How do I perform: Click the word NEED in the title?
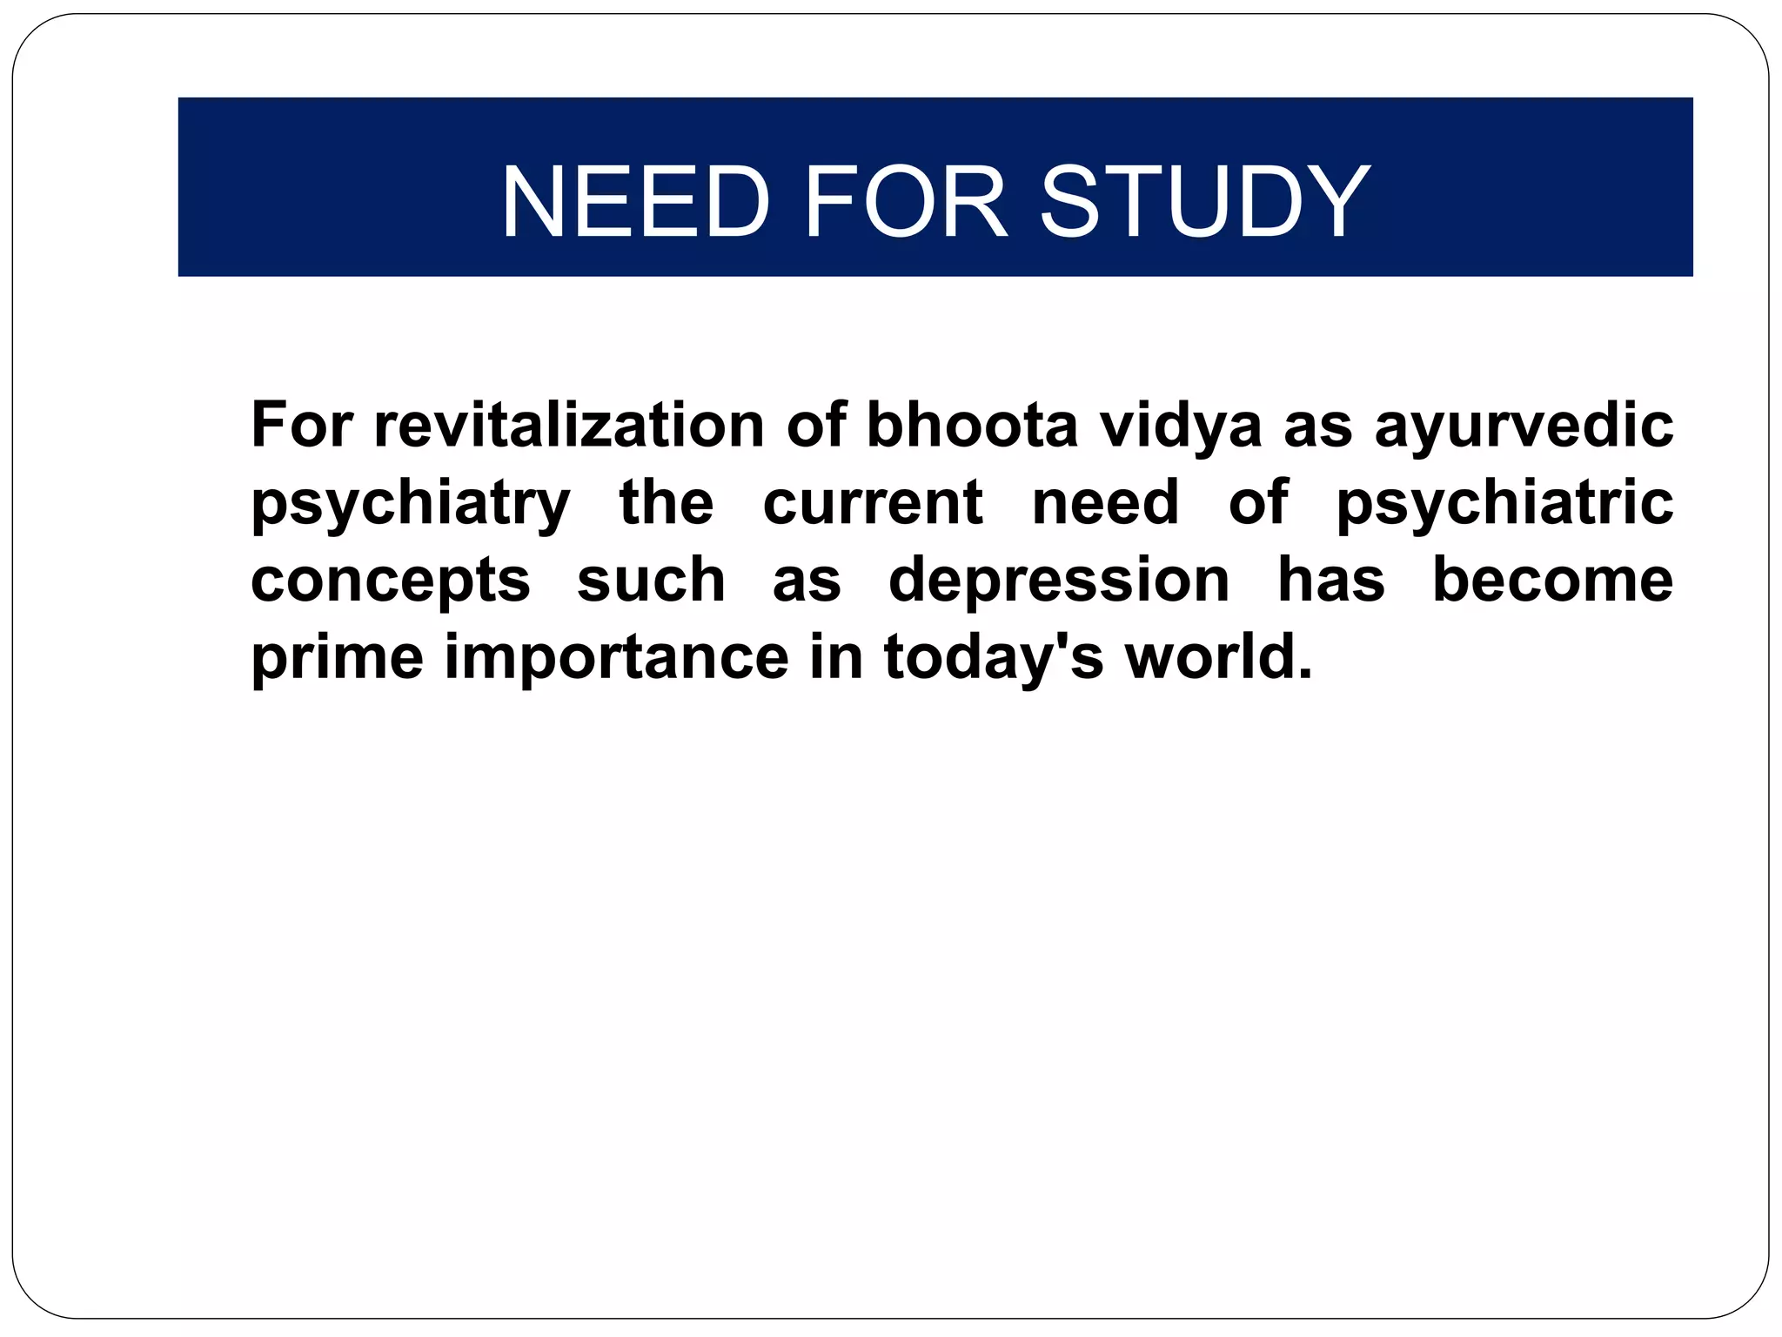coord(635,202)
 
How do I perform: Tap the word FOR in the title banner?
coord(906,202)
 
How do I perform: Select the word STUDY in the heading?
coord(1204,202)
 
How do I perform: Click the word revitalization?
coord(569,425)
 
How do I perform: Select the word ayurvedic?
coord(1524,427)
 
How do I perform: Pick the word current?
coord(873,503)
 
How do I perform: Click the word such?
coord(651,580)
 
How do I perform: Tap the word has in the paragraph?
coord(1330,580)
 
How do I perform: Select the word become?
coord(1552,580)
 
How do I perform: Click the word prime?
coord(337,658)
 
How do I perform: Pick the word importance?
coord(617,659)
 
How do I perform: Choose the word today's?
coord(994,659)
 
